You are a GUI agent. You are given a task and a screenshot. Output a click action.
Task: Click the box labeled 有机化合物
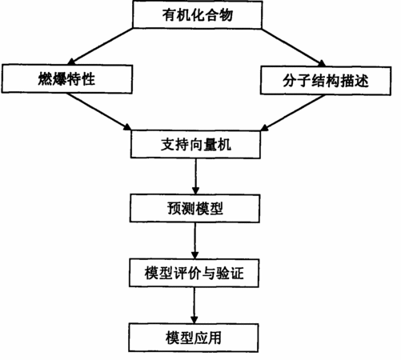[x=198, y=14]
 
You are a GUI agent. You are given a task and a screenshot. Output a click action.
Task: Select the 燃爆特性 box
[x=67, y=79]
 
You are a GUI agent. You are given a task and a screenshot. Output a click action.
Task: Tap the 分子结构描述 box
[x=326, y=81]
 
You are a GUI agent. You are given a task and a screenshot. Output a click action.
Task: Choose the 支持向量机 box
[x=195, y=144]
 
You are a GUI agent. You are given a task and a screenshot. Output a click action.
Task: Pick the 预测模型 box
[x=194, y=208]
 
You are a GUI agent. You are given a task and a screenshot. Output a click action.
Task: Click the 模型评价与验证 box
[x=194, y=273]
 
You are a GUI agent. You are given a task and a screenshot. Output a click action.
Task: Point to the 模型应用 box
[x=194, y=338]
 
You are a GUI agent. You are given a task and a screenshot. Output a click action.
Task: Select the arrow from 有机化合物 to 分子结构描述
[x=294, y=47]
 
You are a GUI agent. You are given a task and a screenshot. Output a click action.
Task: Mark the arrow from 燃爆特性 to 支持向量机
[x=99, y=112]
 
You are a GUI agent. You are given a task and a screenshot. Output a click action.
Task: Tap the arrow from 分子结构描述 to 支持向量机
[x=293, y=113]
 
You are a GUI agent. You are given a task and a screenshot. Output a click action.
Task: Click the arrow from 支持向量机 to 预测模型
[x=195, y=176]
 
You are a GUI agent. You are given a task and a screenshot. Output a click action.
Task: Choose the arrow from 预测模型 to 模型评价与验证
[x=195, y=241]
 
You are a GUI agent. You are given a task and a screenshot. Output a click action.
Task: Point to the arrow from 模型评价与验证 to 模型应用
[x=194, y=306]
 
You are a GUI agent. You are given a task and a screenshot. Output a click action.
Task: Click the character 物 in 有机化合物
[x=226, y=14]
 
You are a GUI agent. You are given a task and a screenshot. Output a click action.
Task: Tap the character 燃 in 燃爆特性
[x=45, y=79]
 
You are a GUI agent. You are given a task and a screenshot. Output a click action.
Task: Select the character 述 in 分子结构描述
[x=362, y=81]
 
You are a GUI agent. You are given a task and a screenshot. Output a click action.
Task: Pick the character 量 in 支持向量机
[x=210, y=145]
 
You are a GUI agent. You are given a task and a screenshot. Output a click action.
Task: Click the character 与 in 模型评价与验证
[x=209, y=273]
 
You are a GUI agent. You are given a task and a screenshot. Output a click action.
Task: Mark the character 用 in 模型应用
[x=215, y=338]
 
